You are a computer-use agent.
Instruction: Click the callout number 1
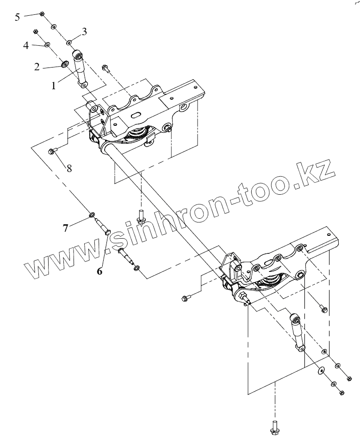[x=54, y=86]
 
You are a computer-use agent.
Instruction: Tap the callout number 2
[x=37, y=66]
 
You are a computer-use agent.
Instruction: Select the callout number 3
[x=84, y=31]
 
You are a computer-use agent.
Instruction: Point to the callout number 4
[x=26, y=45]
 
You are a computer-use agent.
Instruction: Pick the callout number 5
[x=18, y=17]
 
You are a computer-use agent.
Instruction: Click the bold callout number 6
[x=99, y=271]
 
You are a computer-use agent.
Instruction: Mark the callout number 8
[x=69, y=168]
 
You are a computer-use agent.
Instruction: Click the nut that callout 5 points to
[x=42, y=14]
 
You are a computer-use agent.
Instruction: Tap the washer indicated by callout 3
[x=69, y=43]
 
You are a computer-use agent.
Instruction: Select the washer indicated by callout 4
[x=47, y=45]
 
